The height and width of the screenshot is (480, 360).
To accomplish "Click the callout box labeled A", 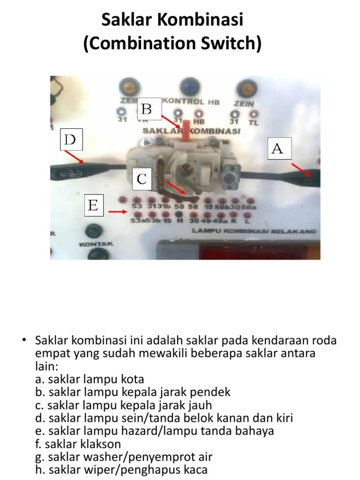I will pyautogui.click(x=277, y=149).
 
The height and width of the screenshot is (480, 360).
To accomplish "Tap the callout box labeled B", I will pyautogui.click(x=146, y=109).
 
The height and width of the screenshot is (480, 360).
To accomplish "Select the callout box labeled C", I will pyautogui.click(x=142, y=179).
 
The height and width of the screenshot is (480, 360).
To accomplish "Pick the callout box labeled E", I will pyautogui.click(x=93, y=206).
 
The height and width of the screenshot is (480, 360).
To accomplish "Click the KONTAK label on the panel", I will pyautogui.click(x=96, y=244).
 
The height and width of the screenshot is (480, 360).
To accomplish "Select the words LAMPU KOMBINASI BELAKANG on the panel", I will pyautogui.click(x=254, y=231).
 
